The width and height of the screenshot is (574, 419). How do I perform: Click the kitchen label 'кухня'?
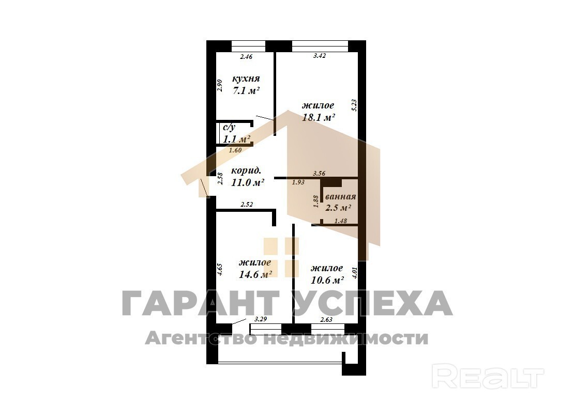coord(246,79)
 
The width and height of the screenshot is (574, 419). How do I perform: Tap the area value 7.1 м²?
coord(246,91)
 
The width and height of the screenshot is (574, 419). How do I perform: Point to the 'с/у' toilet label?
coord(229,128)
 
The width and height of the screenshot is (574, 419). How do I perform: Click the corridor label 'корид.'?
coord(246,170)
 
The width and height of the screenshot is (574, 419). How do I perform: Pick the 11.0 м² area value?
coord(248,182)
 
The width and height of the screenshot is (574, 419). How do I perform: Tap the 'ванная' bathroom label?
coord(340,197)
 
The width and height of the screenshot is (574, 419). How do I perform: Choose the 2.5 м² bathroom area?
coord(338,208)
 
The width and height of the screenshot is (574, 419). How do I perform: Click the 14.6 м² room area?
coord(255,274)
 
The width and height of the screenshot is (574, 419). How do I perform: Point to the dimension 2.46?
coord(246,57)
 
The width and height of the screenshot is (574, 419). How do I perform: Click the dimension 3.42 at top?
coord(320,56)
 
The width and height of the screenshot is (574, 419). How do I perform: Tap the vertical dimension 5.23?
coord(354,105)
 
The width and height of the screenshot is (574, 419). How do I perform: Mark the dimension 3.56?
coord(319,174)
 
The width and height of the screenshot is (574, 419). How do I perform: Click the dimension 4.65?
coord(220,270)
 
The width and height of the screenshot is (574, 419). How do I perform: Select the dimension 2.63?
coord(326,320)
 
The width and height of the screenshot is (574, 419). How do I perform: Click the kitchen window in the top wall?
coord(249,45)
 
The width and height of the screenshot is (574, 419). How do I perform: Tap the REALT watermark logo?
coord(488,376)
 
